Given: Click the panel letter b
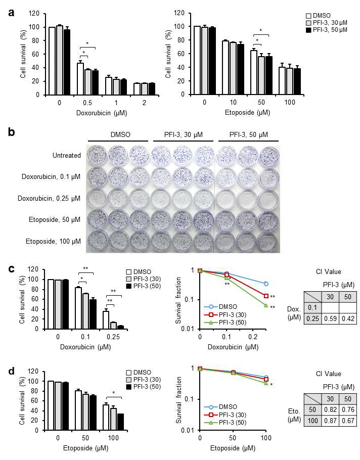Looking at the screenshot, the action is (x=12, y=132).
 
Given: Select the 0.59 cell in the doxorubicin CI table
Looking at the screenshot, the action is (x=330, y=318).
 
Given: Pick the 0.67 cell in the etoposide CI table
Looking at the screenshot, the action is (x=348, y=421).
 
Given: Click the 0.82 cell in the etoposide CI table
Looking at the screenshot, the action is (x=330, y=410).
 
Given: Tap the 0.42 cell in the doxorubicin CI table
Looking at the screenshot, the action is (x=348, y=318).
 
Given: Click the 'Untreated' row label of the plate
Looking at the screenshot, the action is (x=67, y=156).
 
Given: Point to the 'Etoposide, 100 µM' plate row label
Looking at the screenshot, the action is (x=53, y=242).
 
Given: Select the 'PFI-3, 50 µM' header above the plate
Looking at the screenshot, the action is (x=248, y=134).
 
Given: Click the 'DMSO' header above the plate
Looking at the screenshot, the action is (x=120, y=134).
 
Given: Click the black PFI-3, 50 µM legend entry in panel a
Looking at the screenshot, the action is (x=327, y=30).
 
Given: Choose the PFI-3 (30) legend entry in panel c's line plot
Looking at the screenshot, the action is (x=226, y=315).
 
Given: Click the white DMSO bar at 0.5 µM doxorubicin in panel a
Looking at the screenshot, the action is (x=80, y=79).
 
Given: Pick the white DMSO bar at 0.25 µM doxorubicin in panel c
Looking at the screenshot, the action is (x=106, y=320).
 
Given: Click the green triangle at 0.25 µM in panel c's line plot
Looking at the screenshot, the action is (x=266, y=305).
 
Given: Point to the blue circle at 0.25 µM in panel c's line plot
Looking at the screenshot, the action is (x=266, y=284).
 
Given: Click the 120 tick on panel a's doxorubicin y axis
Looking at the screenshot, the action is (x=34, y=14).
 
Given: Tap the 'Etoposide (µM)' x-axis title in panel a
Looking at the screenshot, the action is (x=247, y=112).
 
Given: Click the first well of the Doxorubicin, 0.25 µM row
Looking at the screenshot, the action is (x=96, y=198).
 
